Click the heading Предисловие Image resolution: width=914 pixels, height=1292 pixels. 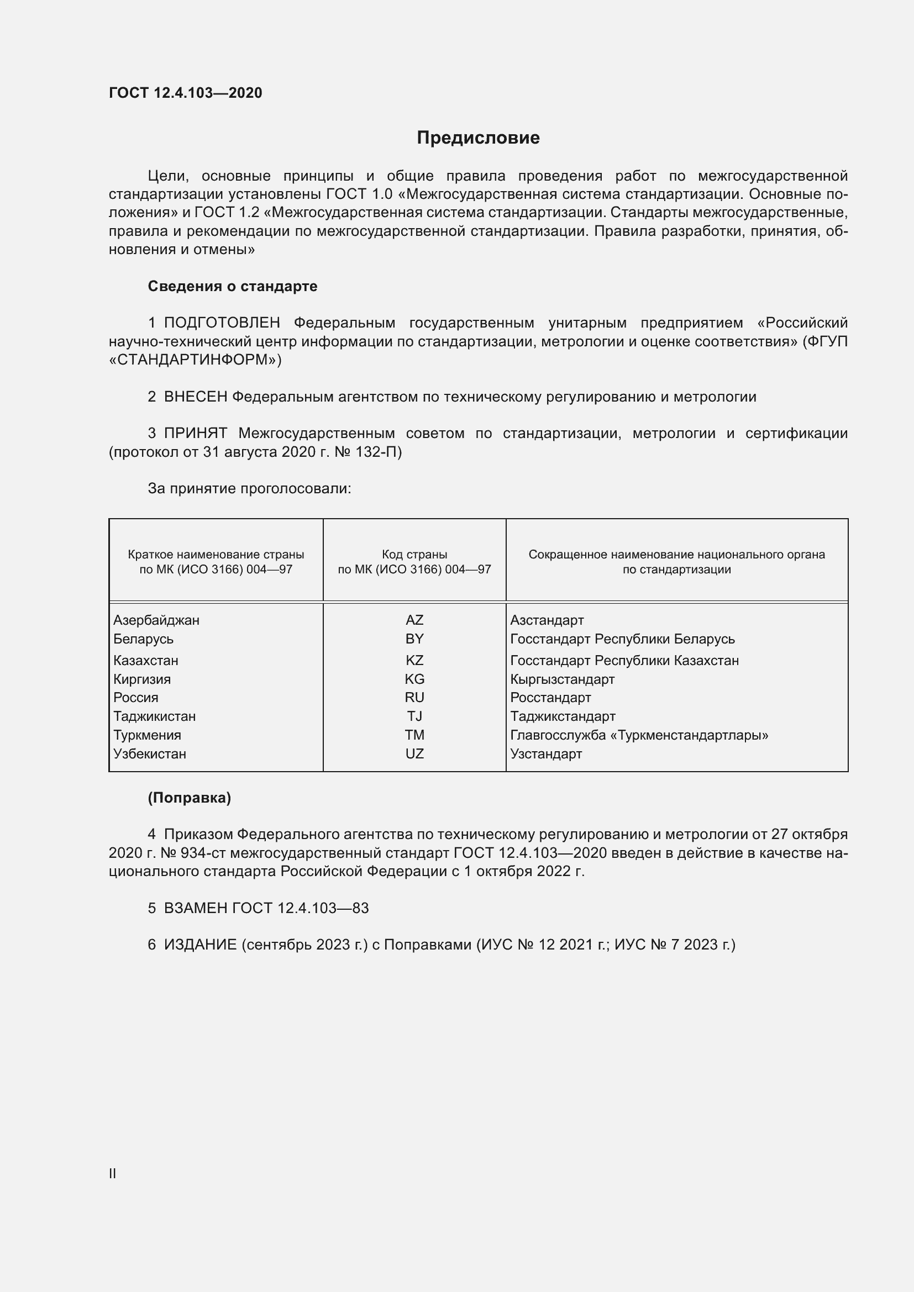(478, 138)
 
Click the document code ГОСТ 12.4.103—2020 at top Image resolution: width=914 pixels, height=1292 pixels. (185, 93)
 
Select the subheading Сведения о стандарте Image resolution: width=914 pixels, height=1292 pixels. (233, 287)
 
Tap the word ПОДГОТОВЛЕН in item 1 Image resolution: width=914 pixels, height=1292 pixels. (222, 323)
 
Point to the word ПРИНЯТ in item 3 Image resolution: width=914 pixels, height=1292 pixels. (195, 433)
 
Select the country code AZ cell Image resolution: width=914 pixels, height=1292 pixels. (414, 620)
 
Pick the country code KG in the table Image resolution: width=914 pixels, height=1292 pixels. (414, 679)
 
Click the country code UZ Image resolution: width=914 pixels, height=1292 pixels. (414, 754)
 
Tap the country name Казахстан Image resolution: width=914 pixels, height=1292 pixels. (146, 661)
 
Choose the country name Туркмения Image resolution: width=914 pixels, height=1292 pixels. (148, 735)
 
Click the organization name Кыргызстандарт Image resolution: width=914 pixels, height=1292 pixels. (562, 679)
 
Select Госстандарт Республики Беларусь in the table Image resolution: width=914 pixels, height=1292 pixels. (622, 639)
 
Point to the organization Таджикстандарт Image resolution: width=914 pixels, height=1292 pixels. (563, 716)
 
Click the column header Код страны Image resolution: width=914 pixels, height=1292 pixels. (414, 555)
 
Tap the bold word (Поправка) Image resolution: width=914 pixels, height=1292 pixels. (189, 798)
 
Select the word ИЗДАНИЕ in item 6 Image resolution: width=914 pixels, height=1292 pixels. (200, 945)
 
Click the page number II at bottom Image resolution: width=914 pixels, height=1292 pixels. (113, 1174)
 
